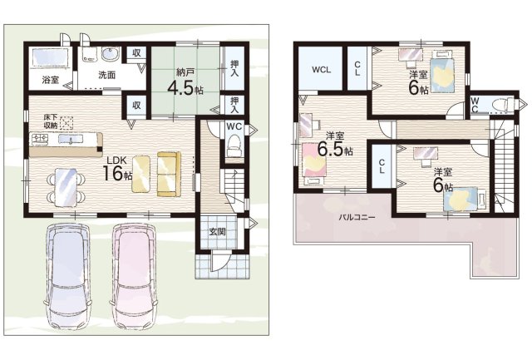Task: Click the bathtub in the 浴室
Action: [50, 57]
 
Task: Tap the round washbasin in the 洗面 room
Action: [111, 54]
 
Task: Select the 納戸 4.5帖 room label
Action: [185, 82]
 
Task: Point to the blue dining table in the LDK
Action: [66, 186]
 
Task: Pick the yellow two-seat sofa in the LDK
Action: [169, 174]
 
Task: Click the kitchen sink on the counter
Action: [70, 139]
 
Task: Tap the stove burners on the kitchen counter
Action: [40, 139]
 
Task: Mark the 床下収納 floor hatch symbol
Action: [66, 123]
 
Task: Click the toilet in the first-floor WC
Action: [234, 145]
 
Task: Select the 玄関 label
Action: [217, 232]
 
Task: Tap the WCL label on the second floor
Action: [321, 70]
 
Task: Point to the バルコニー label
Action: [357, 218]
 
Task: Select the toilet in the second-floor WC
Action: [501, 104]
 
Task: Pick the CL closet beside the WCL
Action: [357, 68]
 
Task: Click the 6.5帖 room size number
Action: [331, 149]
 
